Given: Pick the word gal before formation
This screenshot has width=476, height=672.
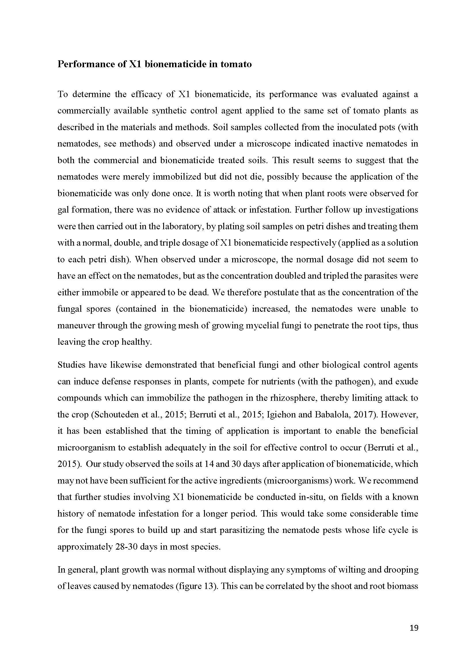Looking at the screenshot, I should pos(62,210).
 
